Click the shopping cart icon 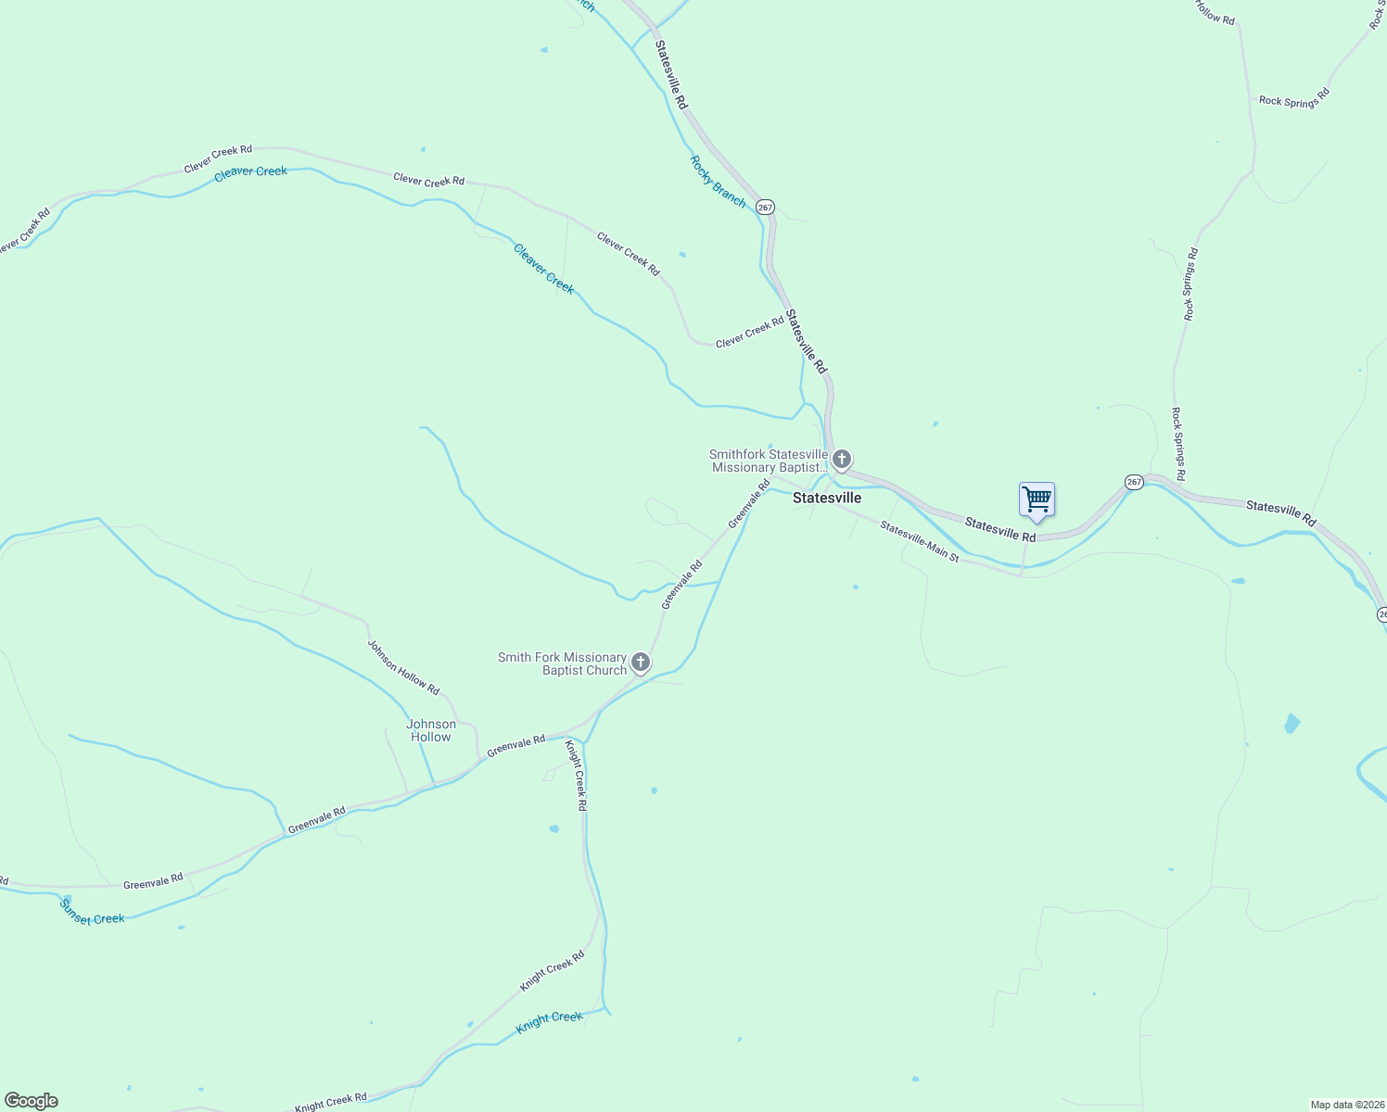1037,500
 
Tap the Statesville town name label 827,498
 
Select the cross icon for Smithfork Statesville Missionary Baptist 842,460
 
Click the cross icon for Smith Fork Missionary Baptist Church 640,663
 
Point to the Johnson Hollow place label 431,730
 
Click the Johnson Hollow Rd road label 403,667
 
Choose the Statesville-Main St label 919,540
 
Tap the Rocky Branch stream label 718,181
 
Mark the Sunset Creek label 92,912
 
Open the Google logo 32,1101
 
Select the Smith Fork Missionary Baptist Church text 563,663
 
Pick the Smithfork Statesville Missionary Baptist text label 769,461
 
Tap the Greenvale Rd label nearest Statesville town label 749,503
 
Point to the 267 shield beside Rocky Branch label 765,207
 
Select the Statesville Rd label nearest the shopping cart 999,529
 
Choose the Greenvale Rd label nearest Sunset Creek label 154,881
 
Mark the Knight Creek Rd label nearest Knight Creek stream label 552,971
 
